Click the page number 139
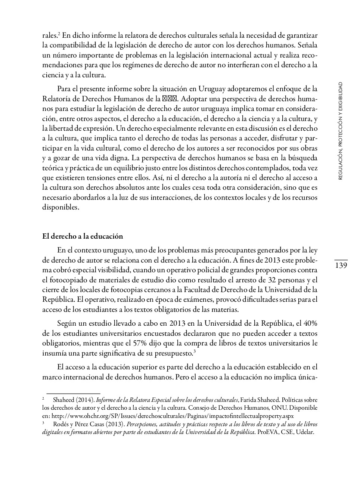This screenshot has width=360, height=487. (x=341, y=266)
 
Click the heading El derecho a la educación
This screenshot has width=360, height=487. (x=83, y=236)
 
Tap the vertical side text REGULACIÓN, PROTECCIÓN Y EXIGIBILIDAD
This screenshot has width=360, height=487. (x=340, y=131)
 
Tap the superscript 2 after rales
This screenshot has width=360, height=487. (x=59, y=34)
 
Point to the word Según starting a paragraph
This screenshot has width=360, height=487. (x=66, y=323)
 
